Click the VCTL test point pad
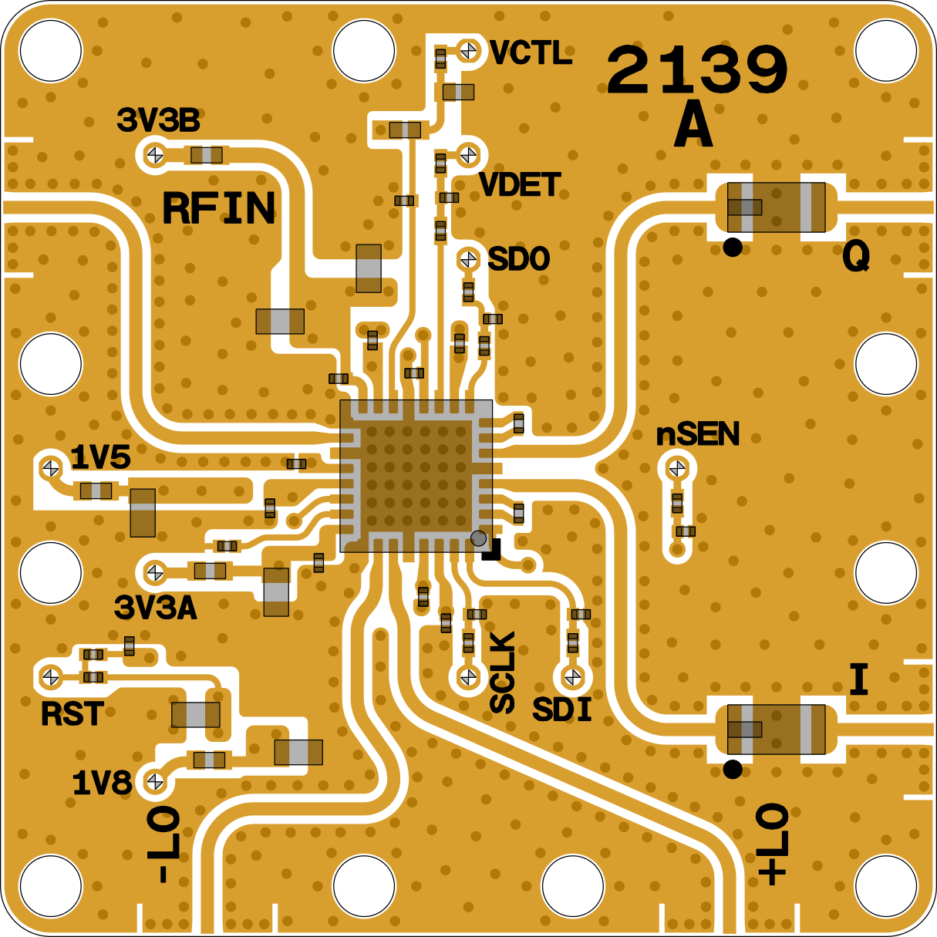coord(469,50)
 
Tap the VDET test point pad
coord(469,155)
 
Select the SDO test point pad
coord(469,259)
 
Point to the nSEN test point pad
coord(677,468)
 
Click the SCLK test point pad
coord(469,676)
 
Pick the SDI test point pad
coord(573,676)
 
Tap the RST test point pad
coord(51,677)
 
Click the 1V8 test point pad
coord(155,781)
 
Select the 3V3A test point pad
coord(155,572)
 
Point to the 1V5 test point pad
coord(51,468)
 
